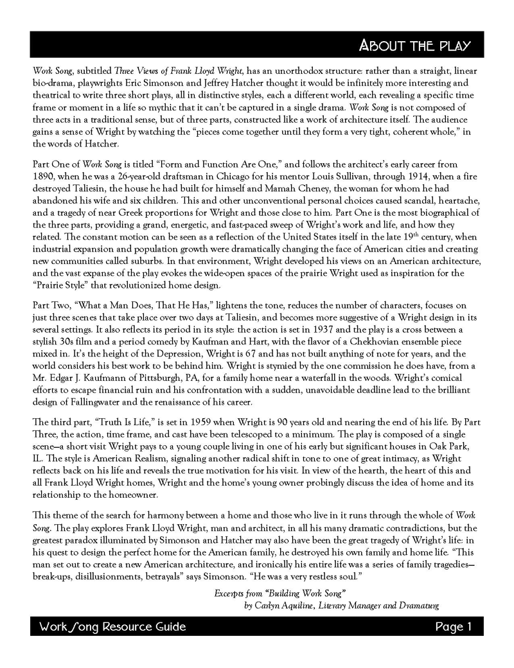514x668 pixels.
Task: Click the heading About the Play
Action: [415, 46]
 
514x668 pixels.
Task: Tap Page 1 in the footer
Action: [454, 626]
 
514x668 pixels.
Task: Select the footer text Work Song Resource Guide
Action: [112, 626]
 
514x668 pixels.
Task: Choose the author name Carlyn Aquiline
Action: [287, 606]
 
